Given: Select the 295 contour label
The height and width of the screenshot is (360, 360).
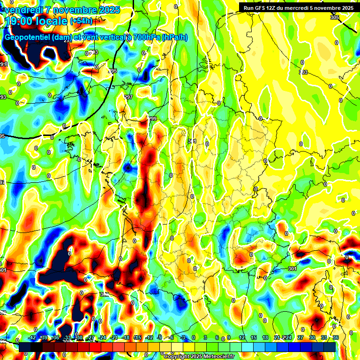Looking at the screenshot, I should (x=112, y=71).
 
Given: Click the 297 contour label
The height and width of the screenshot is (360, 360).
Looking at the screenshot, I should (x=128, y=97).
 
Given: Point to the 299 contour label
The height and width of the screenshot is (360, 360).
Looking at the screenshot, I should (x=152, y=119).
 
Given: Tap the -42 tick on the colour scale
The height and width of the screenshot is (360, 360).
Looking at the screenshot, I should (x=32, y=338).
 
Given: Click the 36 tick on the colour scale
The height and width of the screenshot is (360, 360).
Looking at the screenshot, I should (x=336, y=338).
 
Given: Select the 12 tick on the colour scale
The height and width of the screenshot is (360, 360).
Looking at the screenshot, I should (x=242, y=338).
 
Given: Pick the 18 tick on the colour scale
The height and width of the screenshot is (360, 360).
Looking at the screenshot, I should (x=265, y=338).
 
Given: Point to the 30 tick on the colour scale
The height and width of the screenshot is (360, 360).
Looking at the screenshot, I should (x=312, y=338).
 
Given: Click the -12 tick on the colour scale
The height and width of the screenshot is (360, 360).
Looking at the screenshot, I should (x=149, y=338).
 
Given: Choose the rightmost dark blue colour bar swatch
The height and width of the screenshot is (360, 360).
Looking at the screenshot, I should (x=330, y=347).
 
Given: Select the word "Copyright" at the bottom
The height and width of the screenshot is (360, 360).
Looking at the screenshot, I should (x=177, y=357).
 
